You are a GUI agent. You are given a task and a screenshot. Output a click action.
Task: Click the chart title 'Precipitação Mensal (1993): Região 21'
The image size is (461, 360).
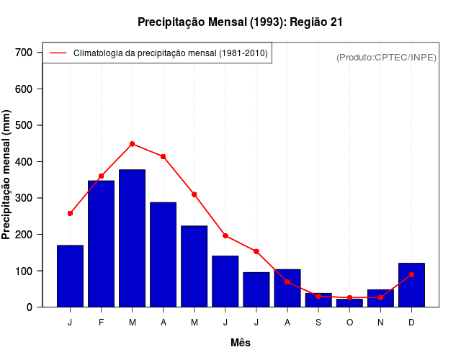240,22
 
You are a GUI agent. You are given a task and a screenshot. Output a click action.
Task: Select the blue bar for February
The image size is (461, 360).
102,243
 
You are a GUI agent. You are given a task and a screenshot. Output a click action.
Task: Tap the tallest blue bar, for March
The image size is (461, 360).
133,238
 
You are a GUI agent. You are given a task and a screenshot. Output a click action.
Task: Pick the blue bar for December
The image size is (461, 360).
411,285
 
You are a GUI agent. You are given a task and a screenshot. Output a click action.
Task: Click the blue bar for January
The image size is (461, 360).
70,276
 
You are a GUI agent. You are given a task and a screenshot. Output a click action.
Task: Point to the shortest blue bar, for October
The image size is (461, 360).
349,303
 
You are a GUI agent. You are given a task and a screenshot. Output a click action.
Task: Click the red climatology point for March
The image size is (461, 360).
133,144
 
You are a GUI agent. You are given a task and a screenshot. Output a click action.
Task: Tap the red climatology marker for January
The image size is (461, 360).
70,213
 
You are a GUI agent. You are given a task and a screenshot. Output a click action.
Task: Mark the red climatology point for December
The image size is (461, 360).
411,274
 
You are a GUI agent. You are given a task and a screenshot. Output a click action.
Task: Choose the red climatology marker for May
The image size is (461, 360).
194,194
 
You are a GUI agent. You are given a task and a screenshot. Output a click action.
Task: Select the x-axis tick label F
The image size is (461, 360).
102,322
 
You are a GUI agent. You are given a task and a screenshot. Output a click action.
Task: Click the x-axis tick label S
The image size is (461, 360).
318,322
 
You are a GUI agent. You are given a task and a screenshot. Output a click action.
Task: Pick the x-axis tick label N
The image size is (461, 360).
380,322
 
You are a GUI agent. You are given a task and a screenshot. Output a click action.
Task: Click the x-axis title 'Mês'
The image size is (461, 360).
240,343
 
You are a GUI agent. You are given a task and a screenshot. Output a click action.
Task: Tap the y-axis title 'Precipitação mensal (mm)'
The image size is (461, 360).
7,175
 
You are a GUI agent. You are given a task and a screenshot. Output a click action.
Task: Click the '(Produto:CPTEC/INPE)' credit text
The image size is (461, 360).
386,57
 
